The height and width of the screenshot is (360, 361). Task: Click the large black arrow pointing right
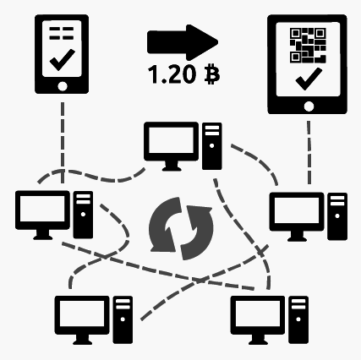pos(183,42)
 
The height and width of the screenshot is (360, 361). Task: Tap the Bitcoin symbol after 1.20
pos(211,74)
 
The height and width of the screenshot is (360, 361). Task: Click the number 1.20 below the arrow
pos(172,74)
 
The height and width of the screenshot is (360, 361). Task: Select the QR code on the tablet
pos(308,45)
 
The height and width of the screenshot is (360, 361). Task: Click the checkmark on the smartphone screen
pos(63,60)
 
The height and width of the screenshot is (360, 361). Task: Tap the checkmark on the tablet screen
pos(309,79)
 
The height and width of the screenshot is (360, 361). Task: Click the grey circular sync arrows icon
pos(181,228)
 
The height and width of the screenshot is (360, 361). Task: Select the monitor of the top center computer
pos(172,146)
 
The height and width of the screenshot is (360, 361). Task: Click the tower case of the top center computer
pos(212,146)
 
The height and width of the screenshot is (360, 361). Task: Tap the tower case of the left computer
pos(83,215)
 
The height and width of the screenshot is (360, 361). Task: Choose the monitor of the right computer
pos(297,216)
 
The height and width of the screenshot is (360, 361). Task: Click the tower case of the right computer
pos(337,216)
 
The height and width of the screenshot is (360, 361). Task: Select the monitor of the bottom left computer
pos(82,320)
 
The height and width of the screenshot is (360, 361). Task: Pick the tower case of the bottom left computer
pos(123,319)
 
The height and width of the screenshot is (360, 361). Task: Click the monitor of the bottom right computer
pos(258,320)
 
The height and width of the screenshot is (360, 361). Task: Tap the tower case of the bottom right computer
pos(298,319)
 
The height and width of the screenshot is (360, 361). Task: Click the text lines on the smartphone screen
pos(62,33)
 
